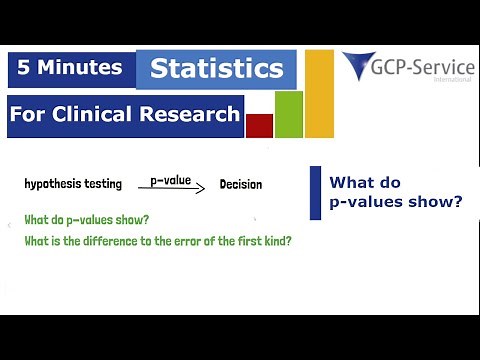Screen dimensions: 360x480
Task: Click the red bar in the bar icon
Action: click(259, 125)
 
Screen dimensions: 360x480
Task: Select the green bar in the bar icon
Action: click(288, 114)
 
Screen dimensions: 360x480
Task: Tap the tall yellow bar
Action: click(319, 93)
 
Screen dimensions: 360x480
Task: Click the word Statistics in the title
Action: click(216, 69)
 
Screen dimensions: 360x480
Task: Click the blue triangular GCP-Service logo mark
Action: click(359, 66)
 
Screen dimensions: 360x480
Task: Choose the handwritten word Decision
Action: click(240, 185)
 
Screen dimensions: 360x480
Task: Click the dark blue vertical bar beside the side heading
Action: click(315, 192)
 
